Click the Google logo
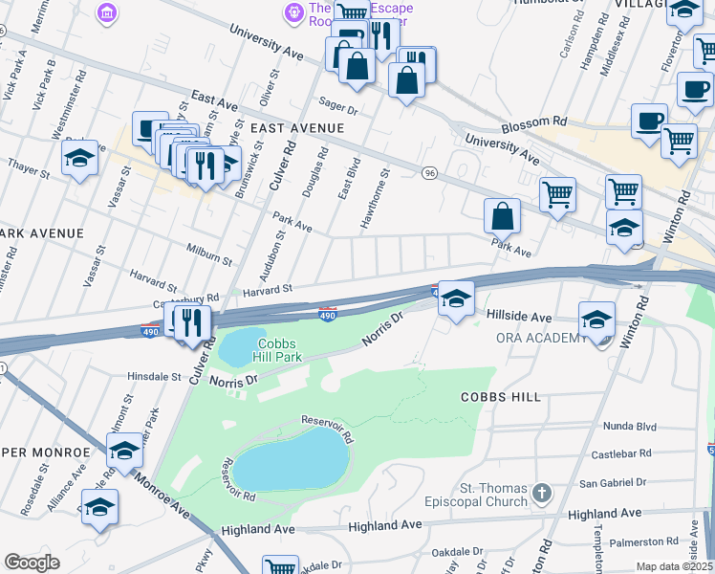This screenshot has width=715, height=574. click(x=32, y=563)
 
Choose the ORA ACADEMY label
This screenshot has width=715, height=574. click(x=540, y=338)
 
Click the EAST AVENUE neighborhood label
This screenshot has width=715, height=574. click(x=296, y=127)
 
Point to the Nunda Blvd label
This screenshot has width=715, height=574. click(x=628, y=427)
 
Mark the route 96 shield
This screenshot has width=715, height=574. click(x=430, y=173)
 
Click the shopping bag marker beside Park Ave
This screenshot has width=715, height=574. click(x=502, y=216)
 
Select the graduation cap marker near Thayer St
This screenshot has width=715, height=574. click(x=79, y=158)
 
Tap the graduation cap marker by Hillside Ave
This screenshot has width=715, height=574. click(x=456, y=300)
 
